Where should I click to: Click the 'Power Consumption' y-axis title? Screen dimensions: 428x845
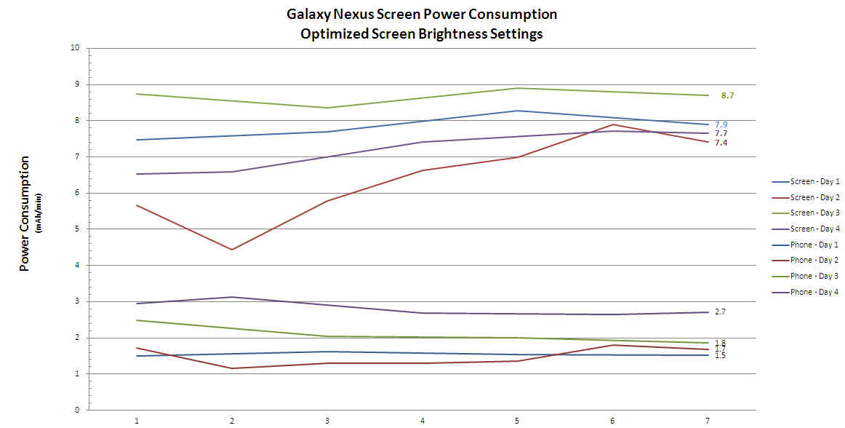click(x=24, y=213)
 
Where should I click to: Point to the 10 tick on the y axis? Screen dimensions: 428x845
click(x=75, y=48)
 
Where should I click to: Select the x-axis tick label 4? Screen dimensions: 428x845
click(x=422, y=421)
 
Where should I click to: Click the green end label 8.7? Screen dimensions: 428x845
click(x=728, y=95)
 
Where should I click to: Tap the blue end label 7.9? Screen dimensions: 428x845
click(x=721, y=124)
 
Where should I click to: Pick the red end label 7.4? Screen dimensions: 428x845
click(x=721, y=143)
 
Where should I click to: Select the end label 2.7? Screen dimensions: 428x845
click(x=720, y=312)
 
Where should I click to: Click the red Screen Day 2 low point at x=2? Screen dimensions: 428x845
click(x=231, y=250)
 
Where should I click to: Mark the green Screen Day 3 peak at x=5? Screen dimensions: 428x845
click(x=518, y=88)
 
